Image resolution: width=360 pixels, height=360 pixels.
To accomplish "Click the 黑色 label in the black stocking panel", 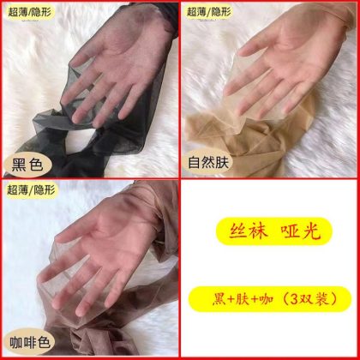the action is click(27, 165).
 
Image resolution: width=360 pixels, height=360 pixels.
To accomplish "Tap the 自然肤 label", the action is click(208, 162).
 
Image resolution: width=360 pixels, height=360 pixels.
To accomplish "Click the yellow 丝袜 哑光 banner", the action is click(274, 231).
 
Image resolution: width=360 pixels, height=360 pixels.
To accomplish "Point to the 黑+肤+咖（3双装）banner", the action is click(270, 299).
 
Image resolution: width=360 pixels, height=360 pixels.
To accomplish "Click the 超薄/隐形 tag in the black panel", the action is click(31, 13).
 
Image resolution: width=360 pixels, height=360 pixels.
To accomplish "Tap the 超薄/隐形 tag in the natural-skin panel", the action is click(209, 12).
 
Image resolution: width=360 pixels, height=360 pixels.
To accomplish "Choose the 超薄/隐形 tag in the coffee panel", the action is click(32, 190).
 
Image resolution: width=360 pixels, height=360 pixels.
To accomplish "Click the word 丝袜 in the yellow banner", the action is click(248, 231).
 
